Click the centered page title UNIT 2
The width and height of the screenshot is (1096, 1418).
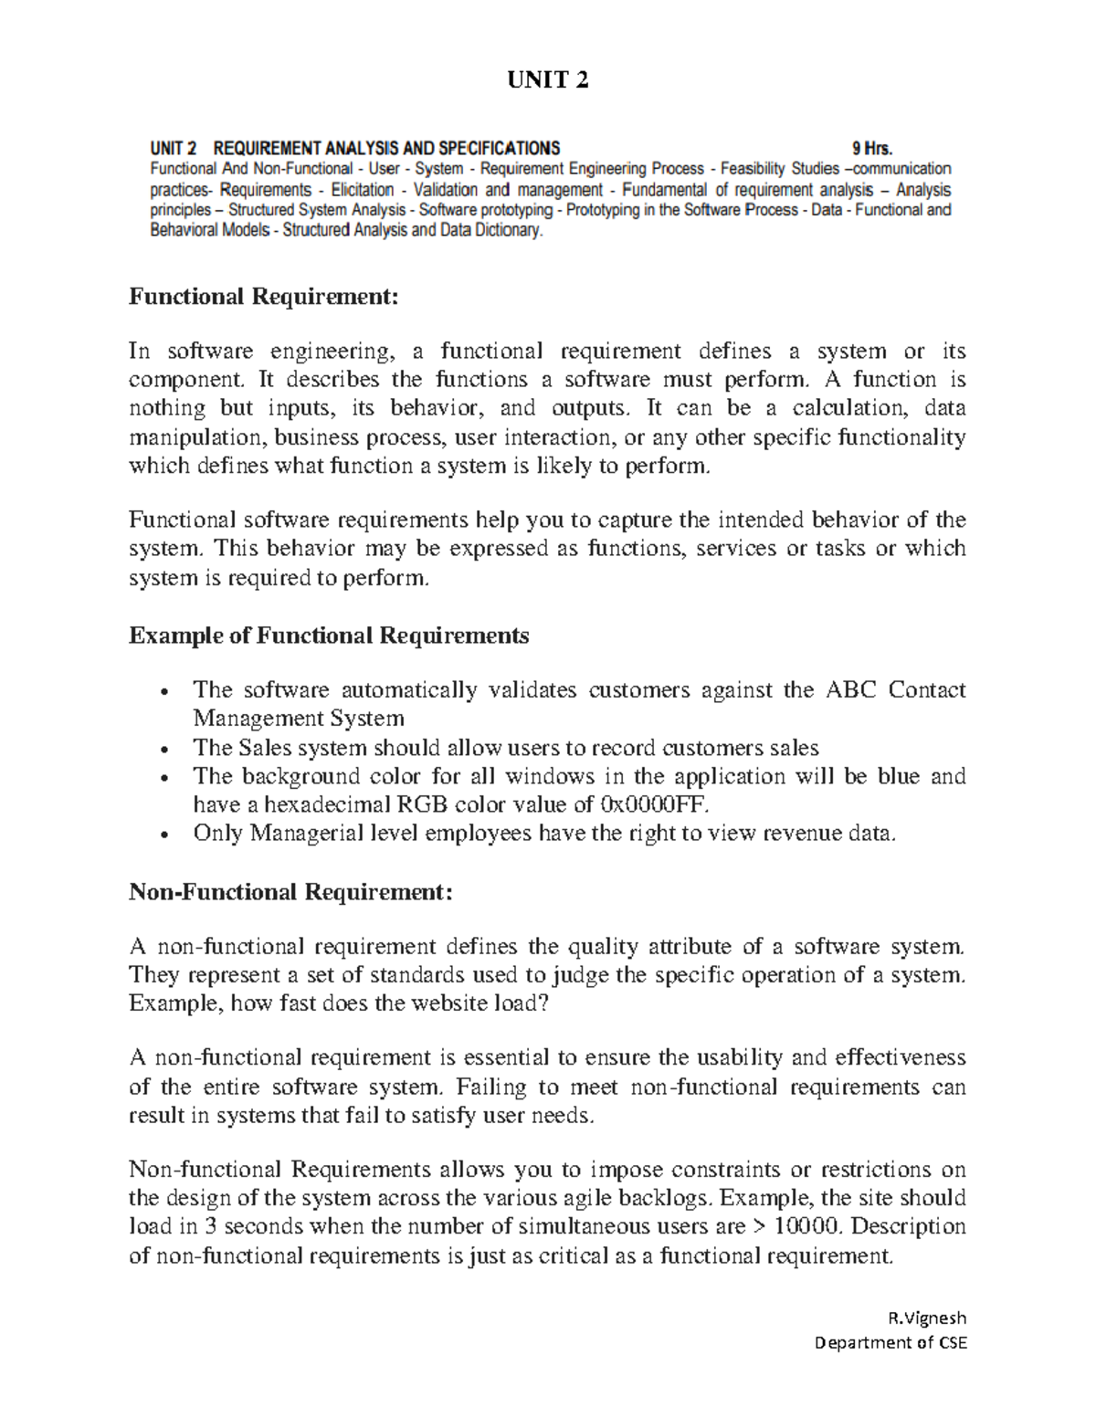pyautogui.click(x=548, y=81)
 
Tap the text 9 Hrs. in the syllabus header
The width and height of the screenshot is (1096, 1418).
pyautogui.click(x=871, y=149)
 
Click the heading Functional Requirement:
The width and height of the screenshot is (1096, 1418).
pyautogui.click(x=265, y=297)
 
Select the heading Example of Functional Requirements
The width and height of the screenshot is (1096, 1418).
pyautogui.click(x=329, y=635)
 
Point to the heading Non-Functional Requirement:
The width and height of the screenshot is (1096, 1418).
pyautogui.click(x=290, y=891)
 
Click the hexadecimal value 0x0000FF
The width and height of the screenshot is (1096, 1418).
pyautogui.click(x=652, y=804)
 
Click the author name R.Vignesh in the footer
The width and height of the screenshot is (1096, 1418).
pyautogui.click(x=927, y=1318)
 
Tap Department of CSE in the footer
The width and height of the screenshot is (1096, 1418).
pyautogui.click(x=890, y=1342)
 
